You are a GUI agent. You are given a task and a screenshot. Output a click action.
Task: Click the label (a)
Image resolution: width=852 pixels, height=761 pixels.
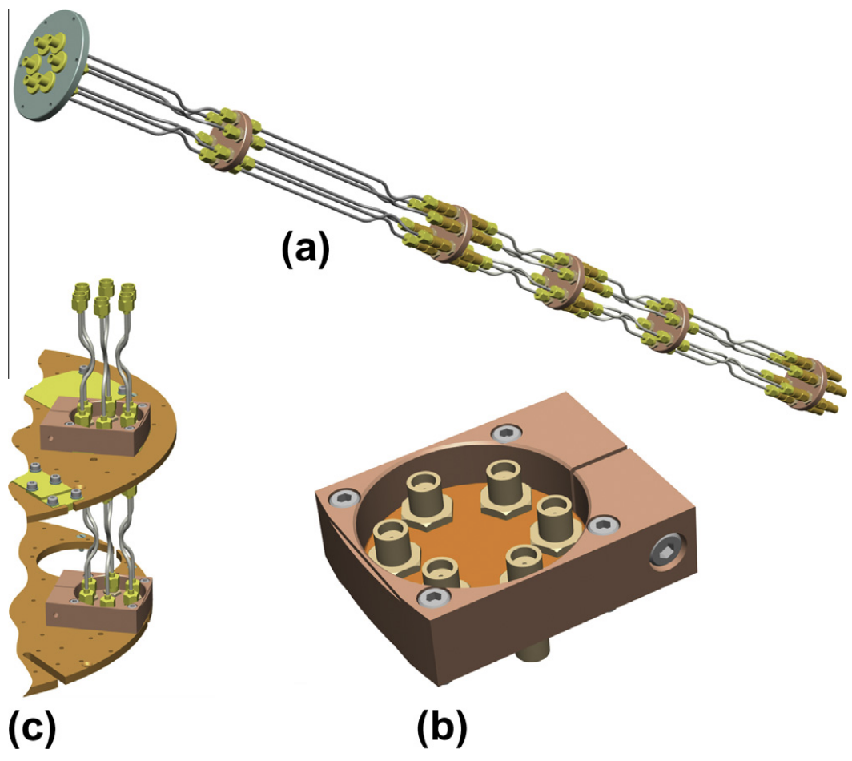coord(305,248)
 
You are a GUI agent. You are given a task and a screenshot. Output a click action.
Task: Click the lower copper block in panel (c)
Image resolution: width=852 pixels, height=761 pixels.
coord(98,598)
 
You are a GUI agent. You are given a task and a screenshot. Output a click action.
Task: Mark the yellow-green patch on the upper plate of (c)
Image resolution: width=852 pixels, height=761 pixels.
coord(54,387)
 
